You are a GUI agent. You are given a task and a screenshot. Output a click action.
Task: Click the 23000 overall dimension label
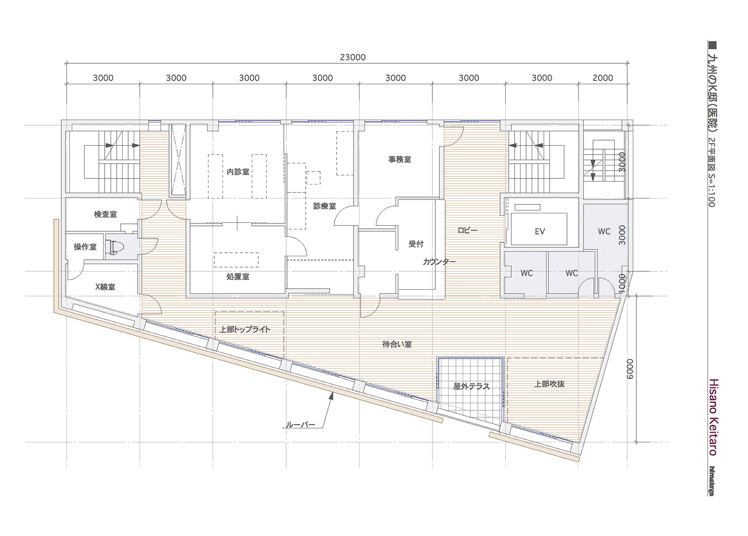(x=353, y=57)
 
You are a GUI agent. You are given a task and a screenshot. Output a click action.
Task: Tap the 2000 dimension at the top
(x=603, y=78)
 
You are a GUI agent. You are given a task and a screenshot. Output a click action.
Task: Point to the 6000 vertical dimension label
(x=629, y=368)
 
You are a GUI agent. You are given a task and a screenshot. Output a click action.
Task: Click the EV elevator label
(x=540, y=231)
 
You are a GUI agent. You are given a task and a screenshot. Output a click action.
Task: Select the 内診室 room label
(x=238, y=172)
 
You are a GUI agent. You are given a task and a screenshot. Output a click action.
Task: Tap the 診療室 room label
(x=325, y=206)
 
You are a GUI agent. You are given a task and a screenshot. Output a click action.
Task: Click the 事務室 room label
(x=400, y=159)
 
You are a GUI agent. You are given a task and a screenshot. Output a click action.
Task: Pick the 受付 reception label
(x=416, y=244)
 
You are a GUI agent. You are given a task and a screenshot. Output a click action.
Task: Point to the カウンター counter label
(x=439, y=262)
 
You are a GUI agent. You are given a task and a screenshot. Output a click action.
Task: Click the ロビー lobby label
(x=468, y=230)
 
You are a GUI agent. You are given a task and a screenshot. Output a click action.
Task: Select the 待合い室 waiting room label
(x=397, y=344)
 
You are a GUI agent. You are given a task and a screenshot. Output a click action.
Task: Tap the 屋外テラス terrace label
(x=471, y=386)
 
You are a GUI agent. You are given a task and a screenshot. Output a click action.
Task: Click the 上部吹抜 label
(x=550, y=384)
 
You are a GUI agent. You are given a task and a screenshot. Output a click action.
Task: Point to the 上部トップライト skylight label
(x=245, y=329)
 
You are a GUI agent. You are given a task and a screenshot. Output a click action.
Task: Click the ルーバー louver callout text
(x=301, y=425)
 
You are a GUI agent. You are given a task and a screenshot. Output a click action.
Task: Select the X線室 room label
(x=105, y=287)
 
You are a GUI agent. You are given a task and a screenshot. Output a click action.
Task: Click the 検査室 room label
(x=106, y=214)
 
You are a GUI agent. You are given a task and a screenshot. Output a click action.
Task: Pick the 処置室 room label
(x=238, y=277)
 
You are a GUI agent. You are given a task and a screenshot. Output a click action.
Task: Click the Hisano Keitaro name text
(x=714, y=417)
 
